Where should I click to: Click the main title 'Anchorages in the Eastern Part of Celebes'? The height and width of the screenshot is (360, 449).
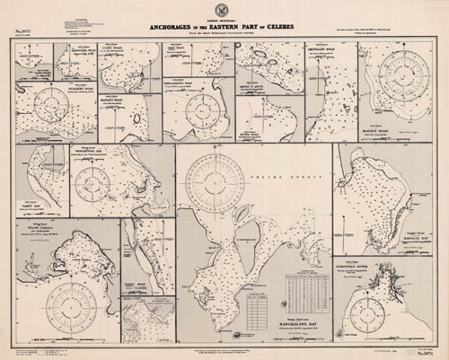224,25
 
